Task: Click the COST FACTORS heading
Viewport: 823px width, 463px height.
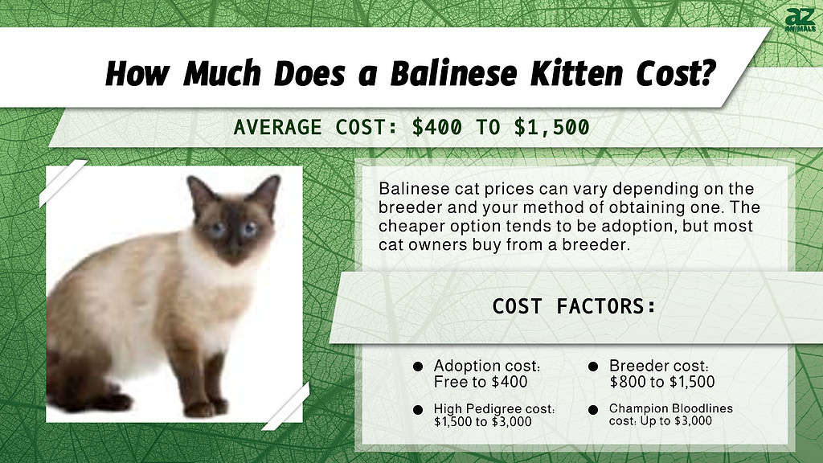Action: pos(574,306)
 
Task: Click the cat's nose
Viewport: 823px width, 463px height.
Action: pos(233,244)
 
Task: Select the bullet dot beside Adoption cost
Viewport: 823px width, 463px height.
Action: pos(418,366)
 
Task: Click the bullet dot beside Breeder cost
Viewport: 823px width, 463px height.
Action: pos(593,366)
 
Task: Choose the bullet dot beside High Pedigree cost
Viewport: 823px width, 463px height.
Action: pos(418,409)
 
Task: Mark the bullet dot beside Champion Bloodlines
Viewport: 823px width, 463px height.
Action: pos(593,409)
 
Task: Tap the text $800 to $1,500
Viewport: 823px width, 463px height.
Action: pos(661,382)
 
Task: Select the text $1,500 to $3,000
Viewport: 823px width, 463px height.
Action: pos(482,421)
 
